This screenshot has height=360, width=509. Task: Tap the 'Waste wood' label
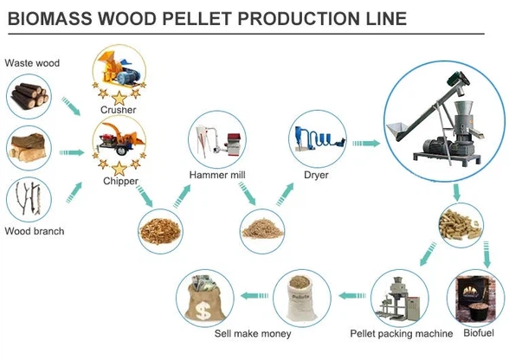coord(33,62)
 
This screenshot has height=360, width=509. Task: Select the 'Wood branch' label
coord(35,231)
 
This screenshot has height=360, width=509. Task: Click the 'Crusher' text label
coord(118,110)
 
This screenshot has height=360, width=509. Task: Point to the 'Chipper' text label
coord(119,181)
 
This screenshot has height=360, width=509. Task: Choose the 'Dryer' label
coord(316,175)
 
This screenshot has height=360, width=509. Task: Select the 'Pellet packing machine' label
coord(401,333)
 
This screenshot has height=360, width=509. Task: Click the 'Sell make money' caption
coord(253,333)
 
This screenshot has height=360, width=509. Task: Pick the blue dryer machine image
coord(317,138)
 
